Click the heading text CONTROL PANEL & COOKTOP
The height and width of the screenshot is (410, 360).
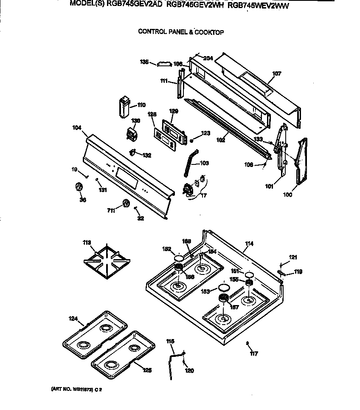coord(181,32)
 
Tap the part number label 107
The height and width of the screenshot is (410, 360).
coord(276,74)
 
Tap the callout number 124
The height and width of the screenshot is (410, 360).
coord(73,318)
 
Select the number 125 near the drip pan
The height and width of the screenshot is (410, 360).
coord(147,370)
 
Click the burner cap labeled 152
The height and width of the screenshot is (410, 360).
coord(179,258)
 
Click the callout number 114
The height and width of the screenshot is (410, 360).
coord(249,244)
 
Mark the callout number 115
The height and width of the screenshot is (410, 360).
coord(170,341)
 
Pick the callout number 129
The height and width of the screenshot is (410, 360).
coord(173,111)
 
